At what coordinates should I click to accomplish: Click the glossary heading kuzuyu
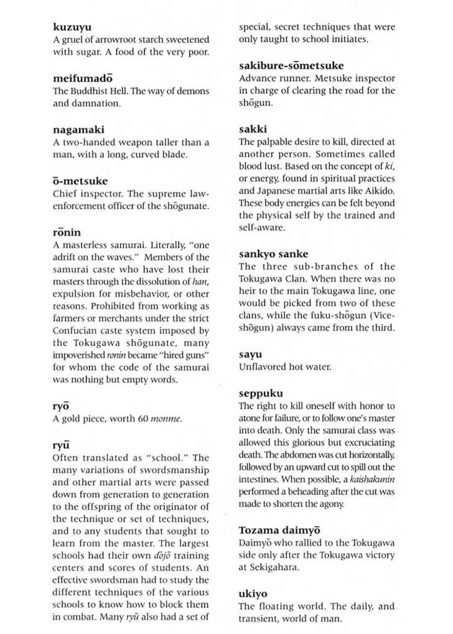pos(72,27)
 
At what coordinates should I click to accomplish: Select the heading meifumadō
pos(83,78)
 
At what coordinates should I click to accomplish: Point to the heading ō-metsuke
pos(80,181)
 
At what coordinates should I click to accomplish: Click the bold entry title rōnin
pos(67,232)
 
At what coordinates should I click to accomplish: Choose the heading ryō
pos(61,406)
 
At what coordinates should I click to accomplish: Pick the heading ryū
pos(61,445)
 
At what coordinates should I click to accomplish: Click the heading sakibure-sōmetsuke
pos(291,65)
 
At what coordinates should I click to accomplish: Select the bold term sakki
pos(253,129)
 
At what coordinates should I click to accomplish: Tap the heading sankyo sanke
pos(273,254)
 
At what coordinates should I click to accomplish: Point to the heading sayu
pos(251,354)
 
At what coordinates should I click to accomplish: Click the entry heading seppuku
pos(261,393)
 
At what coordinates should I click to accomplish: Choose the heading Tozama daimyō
pos(279,530)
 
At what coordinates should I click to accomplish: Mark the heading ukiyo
pos(253,594)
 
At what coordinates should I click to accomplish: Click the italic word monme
pos(166,419)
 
